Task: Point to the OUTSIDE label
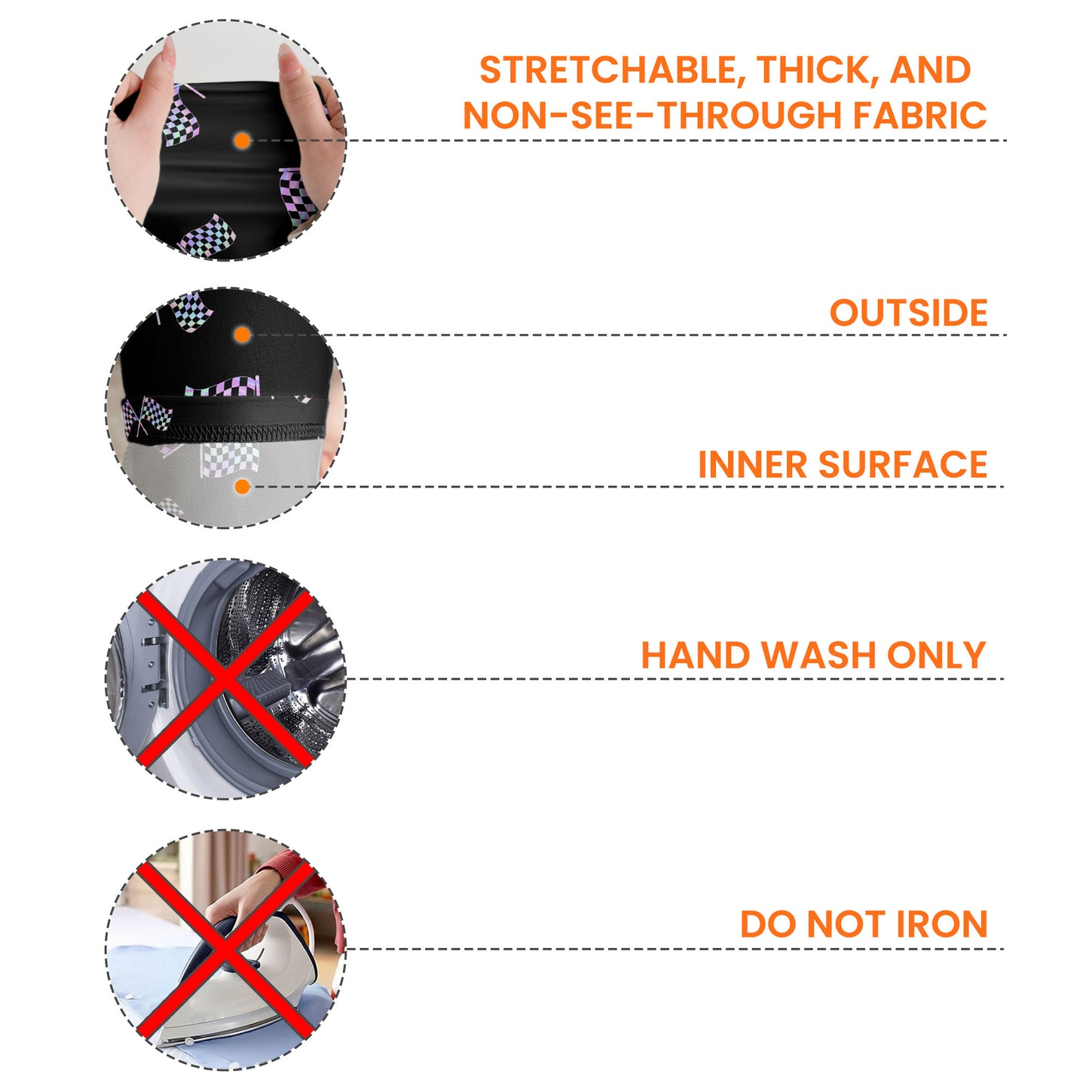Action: coord(908,313)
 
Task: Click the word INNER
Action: coord(752,464)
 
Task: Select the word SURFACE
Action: coord(903,464)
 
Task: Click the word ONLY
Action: coord(937,655)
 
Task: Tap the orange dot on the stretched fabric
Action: coord(243,141)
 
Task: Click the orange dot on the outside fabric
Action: coord(243,335)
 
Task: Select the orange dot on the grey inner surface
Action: coord(243,487)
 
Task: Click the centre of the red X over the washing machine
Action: coord(225,678)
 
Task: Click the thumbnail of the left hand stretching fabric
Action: coord(168,53)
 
